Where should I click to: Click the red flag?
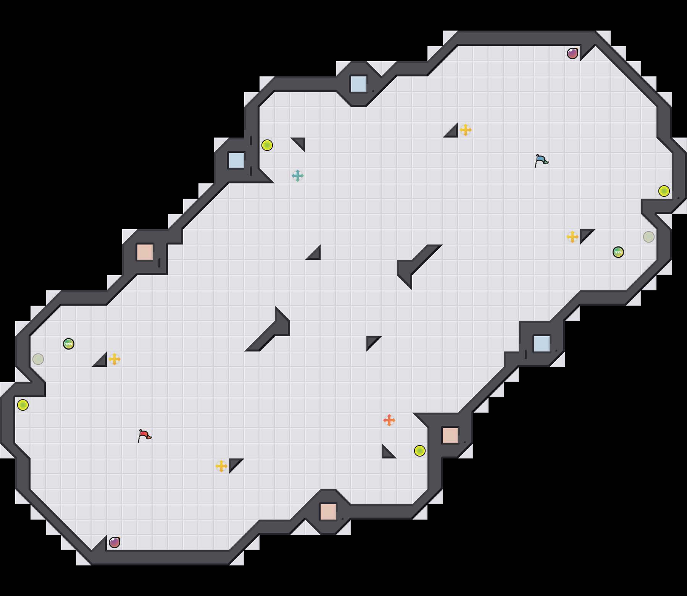pos(144,436)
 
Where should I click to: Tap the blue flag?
pos(541,160)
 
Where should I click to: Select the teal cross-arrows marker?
pos(298,176)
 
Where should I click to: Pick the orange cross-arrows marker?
pos(389,420)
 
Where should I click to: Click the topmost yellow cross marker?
pos(466,130)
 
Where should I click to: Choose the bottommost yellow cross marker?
pos(221,466)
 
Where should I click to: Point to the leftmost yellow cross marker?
pos(114,359)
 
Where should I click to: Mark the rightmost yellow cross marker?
pos(572,237)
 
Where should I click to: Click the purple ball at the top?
pos(572,53)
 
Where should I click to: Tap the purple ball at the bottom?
pos(114,543)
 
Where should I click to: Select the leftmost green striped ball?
pos(69,344)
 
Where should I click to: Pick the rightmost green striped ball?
pos(618,252)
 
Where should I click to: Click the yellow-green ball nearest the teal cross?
pos(267,145)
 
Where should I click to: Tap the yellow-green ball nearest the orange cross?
pos(420,451)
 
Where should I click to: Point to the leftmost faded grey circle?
pos(38,359)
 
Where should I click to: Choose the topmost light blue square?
pos(359,84)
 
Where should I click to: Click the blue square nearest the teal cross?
pos(237,160)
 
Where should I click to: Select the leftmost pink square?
pos(145,252)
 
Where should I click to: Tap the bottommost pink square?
pos(328,512)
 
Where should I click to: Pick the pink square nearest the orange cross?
pos(450,436)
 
